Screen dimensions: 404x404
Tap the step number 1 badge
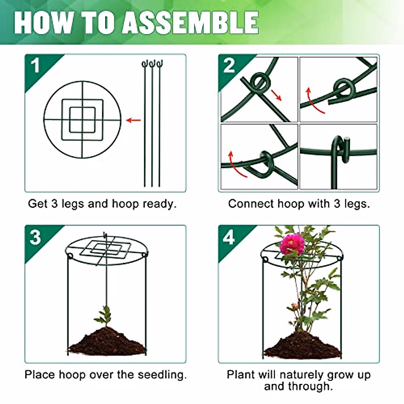pos(35,66)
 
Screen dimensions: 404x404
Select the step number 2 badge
pos(229,66)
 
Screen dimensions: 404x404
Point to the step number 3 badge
pos(35,237)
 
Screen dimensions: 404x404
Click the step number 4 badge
pos(229,238)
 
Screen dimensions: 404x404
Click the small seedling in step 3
pos(105,315)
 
